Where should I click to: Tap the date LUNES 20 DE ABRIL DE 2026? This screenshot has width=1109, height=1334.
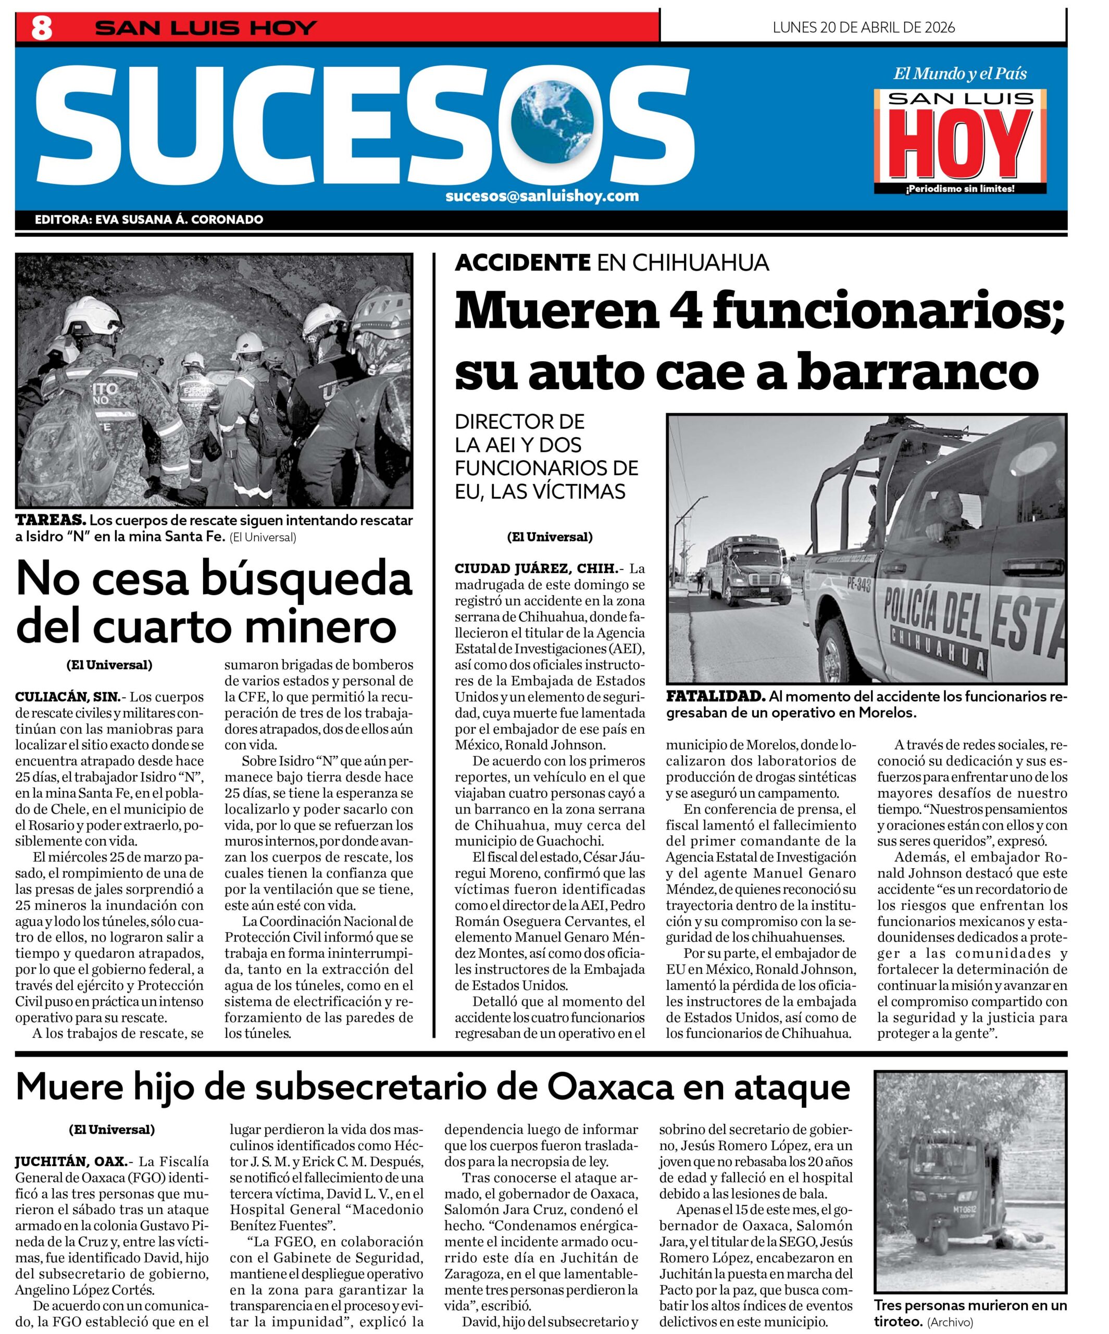[863, 27]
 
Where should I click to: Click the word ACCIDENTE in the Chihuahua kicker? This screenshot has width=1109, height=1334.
[522, 262]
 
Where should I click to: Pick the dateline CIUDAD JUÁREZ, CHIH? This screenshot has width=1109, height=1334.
[535, 568]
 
